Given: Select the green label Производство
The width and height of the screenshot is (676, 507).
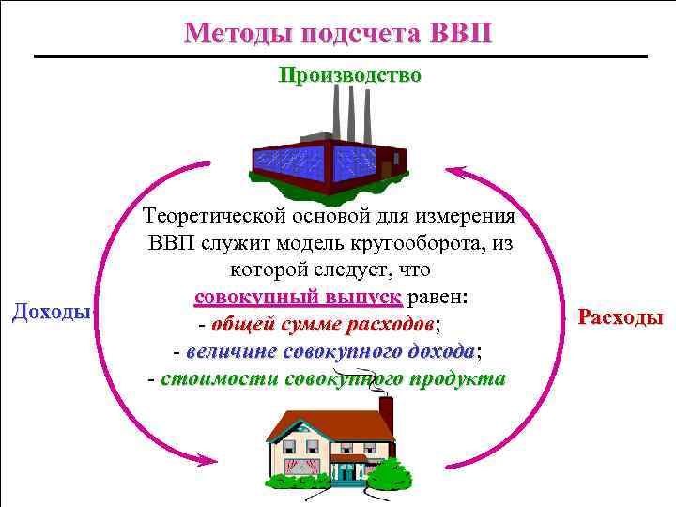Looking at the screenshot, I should [349, 75].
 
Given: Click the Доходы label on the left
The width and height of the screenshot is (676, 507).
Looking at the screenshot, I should [51, 311].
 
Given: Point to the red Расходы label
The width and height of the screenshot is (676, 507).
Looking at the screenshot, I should [621, 316].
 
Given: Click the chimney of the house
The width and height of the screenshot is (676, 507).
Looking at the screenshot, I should [386, 413].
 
